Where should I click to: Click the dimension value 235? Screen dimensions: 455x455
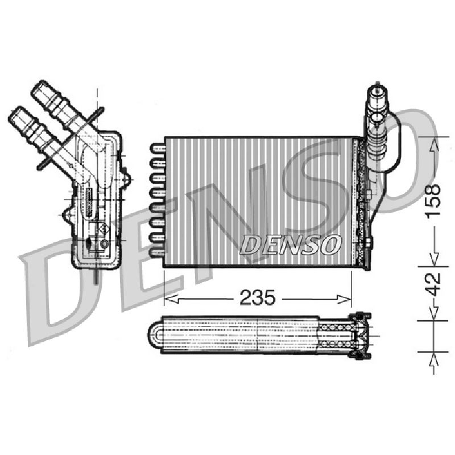pyautogui.click(x=257, y=297)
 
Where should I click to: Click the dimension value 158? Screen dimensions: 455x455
pyautogui.click(x=432, y=200)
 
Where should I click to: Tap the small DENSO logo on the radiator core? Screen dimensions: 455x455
pyautogui.click(x=290, y=245)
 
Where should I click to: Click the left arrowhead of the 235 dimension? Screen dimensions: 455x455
pyautogui.click(x=172, y=299)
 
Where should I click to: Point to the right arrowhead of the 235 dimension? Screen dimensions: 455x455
pyautogui.click(x=344, y=299)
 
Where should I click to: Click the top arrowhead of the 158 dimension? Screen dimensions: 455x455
pyautogui.click(x=433, y=144)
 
